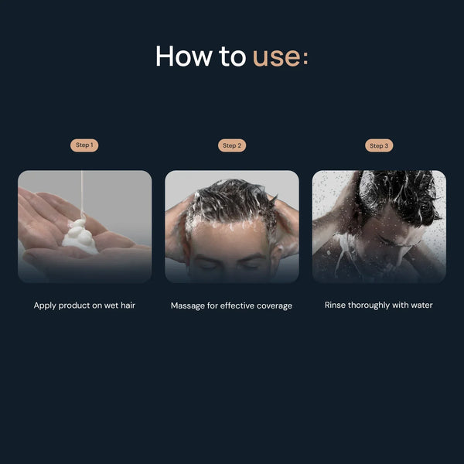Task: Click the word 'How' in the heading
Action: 184,56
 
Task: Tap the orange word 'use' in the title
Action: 276,58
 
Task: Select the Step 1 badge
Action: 84,145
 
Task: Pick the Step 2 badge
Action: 232,145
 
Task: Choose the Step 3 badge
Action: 379,145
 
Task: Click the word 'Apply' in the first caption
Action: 45,305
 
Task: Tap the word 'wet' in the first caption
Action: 111,305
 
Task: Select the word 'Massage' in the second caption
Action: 188,306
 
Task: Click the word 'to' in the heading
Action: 232,56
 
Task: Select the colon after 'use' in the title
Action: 305,58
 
